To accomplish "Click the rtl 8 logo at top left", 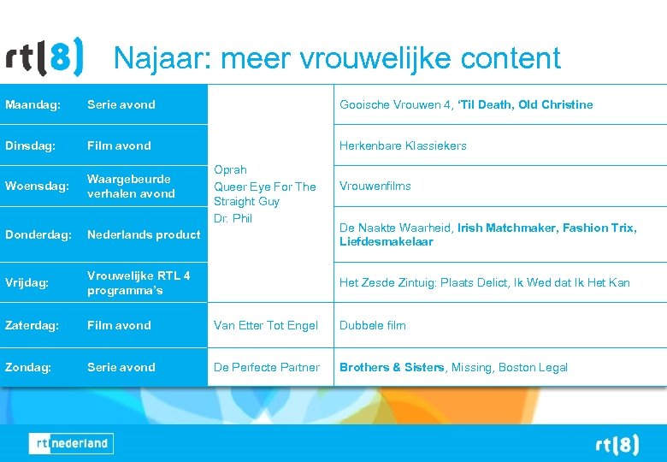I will [x=44, y=59].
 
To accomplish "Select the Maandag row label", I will [x=32, y=104].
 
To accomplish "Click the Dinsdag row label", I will [x=31, y=145].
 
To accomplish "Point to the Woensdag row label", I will [x=37, y=187].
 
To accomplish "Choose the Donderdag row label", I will [x=38, y=234].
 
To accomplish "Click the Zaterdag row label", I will [x=32, y=325].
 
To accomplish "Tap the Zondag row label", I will [x=28, y=367].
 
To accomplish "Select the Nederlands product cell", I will [x=143, y=234].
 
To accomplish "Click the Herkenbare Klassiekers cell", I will [x=403, y=145].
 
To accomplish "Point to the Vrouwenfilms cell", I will [x=375, y=186].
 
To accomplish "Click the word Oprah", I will [x=230, y=170].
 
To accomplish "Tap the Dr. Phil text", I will [x=233, y=218].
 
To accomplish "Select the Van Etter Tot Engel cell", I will [x=266, y=325].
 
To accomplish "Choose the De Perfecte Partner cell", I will [x=267, y=367].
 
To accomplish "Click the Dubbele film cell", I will [x=373, y=325].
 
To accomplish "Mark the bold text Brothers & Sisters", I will [x=392, y=367].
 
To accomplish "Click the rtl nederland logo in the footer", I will [x=70, y=443].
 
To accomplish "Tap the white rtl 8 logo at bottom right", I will [x=617, y=445].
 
